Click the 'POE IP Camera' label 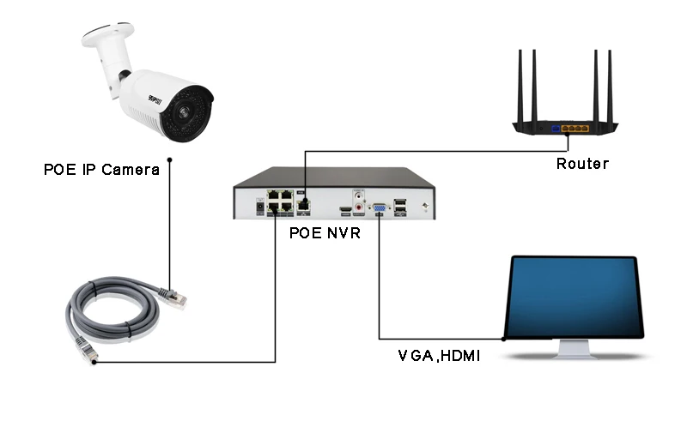[101, 169]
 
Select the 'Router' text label [581, 163]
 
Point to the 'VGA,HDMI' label [438, 353]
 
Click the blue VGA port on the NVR [378, 207]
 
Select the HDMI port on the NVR [344, 208]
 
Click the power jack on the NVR [258, 206]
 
